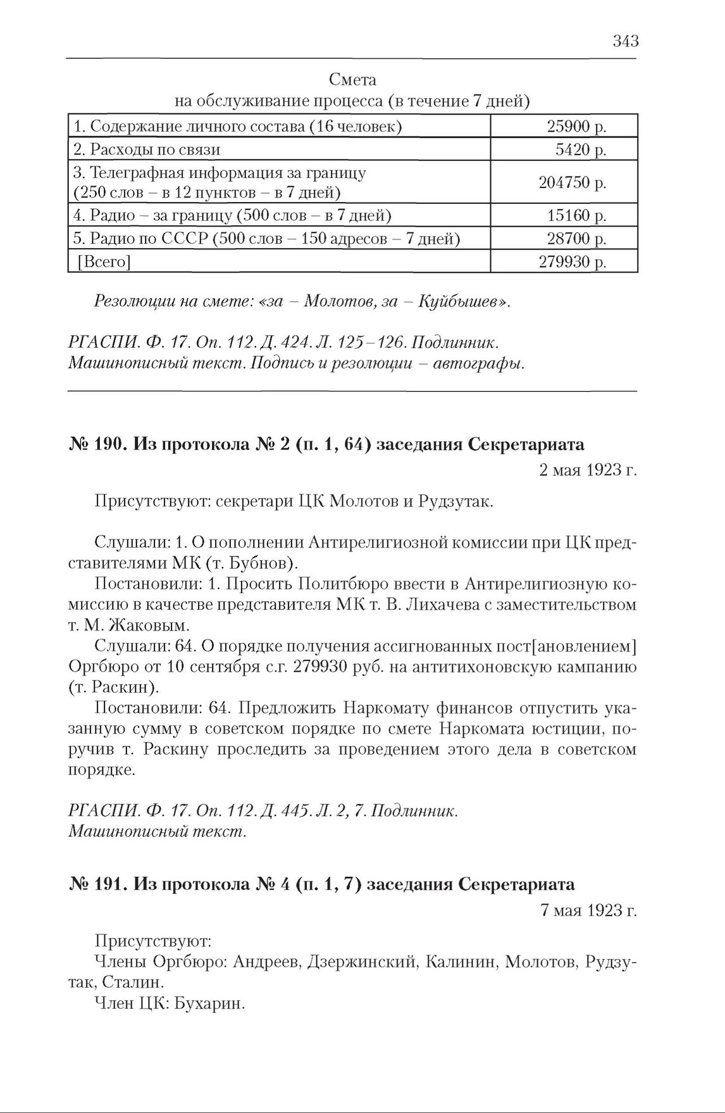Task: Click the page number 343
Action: click(625, 42)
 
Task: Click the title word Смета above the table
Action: click(352, 80)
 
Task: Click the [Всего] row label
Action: click(103, 262)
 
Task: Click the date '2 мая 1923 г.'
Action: click(588, 470)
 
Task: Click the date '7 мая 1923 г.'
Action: click(588, 910)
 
